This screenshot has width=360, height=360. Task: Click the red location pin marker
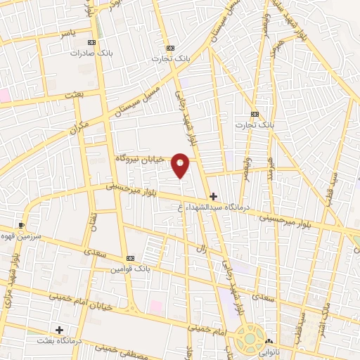click(181, 165)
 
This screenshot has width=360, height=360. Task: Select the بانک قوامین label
click(131, 269)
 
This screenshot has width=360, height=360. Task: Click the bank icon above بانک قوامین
click(130, 258)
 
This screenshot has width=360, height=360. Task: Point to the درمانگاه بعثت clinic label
click(60, 340)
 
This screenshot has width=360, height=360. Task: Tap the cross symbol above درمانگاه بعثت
click(59, 329)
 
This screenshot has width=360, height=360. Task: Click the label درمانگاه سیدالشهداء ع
click(211, 207)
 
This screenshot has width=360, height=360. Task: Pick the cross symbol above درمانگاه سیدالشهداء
click(212, 196)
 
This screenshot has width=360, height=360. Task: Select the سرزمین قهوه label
click(22, 236)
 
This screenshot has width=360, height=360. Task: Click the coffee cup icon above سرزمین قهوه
click(21, 226)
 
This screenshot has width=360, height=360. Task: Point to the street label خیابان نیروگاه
click(140, 160)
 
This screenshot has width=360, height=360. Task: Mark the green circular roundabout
click(250, 338)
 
